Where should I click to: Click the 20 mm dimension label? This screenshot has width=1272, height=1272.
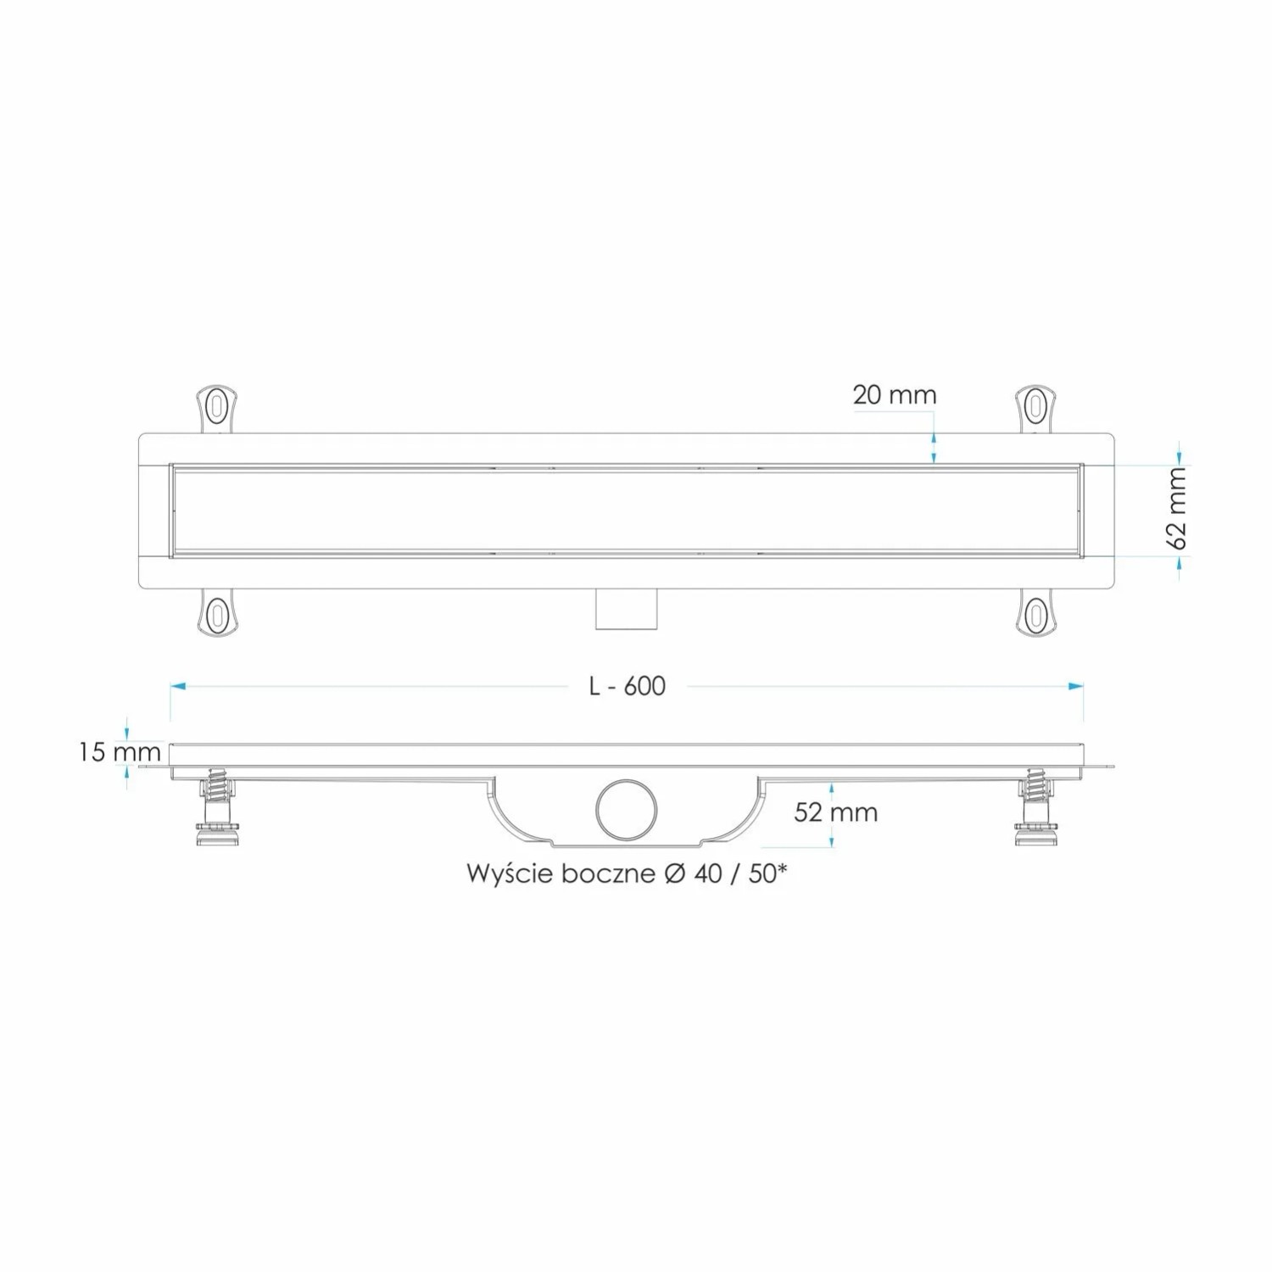(895, 394)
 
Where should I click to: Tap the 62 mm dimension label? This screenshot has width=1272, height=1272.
(1178, 509)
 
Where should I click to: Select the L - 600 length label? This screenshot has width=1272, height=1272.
(628, 686)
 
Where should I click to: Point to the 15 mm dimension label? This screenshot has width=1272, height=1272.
(120, 751)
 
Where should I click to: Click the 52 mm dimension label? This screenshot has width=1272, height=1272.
(836, 812)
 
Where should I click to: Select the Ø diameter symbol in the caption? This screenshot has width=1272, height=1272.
(674, 873)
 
